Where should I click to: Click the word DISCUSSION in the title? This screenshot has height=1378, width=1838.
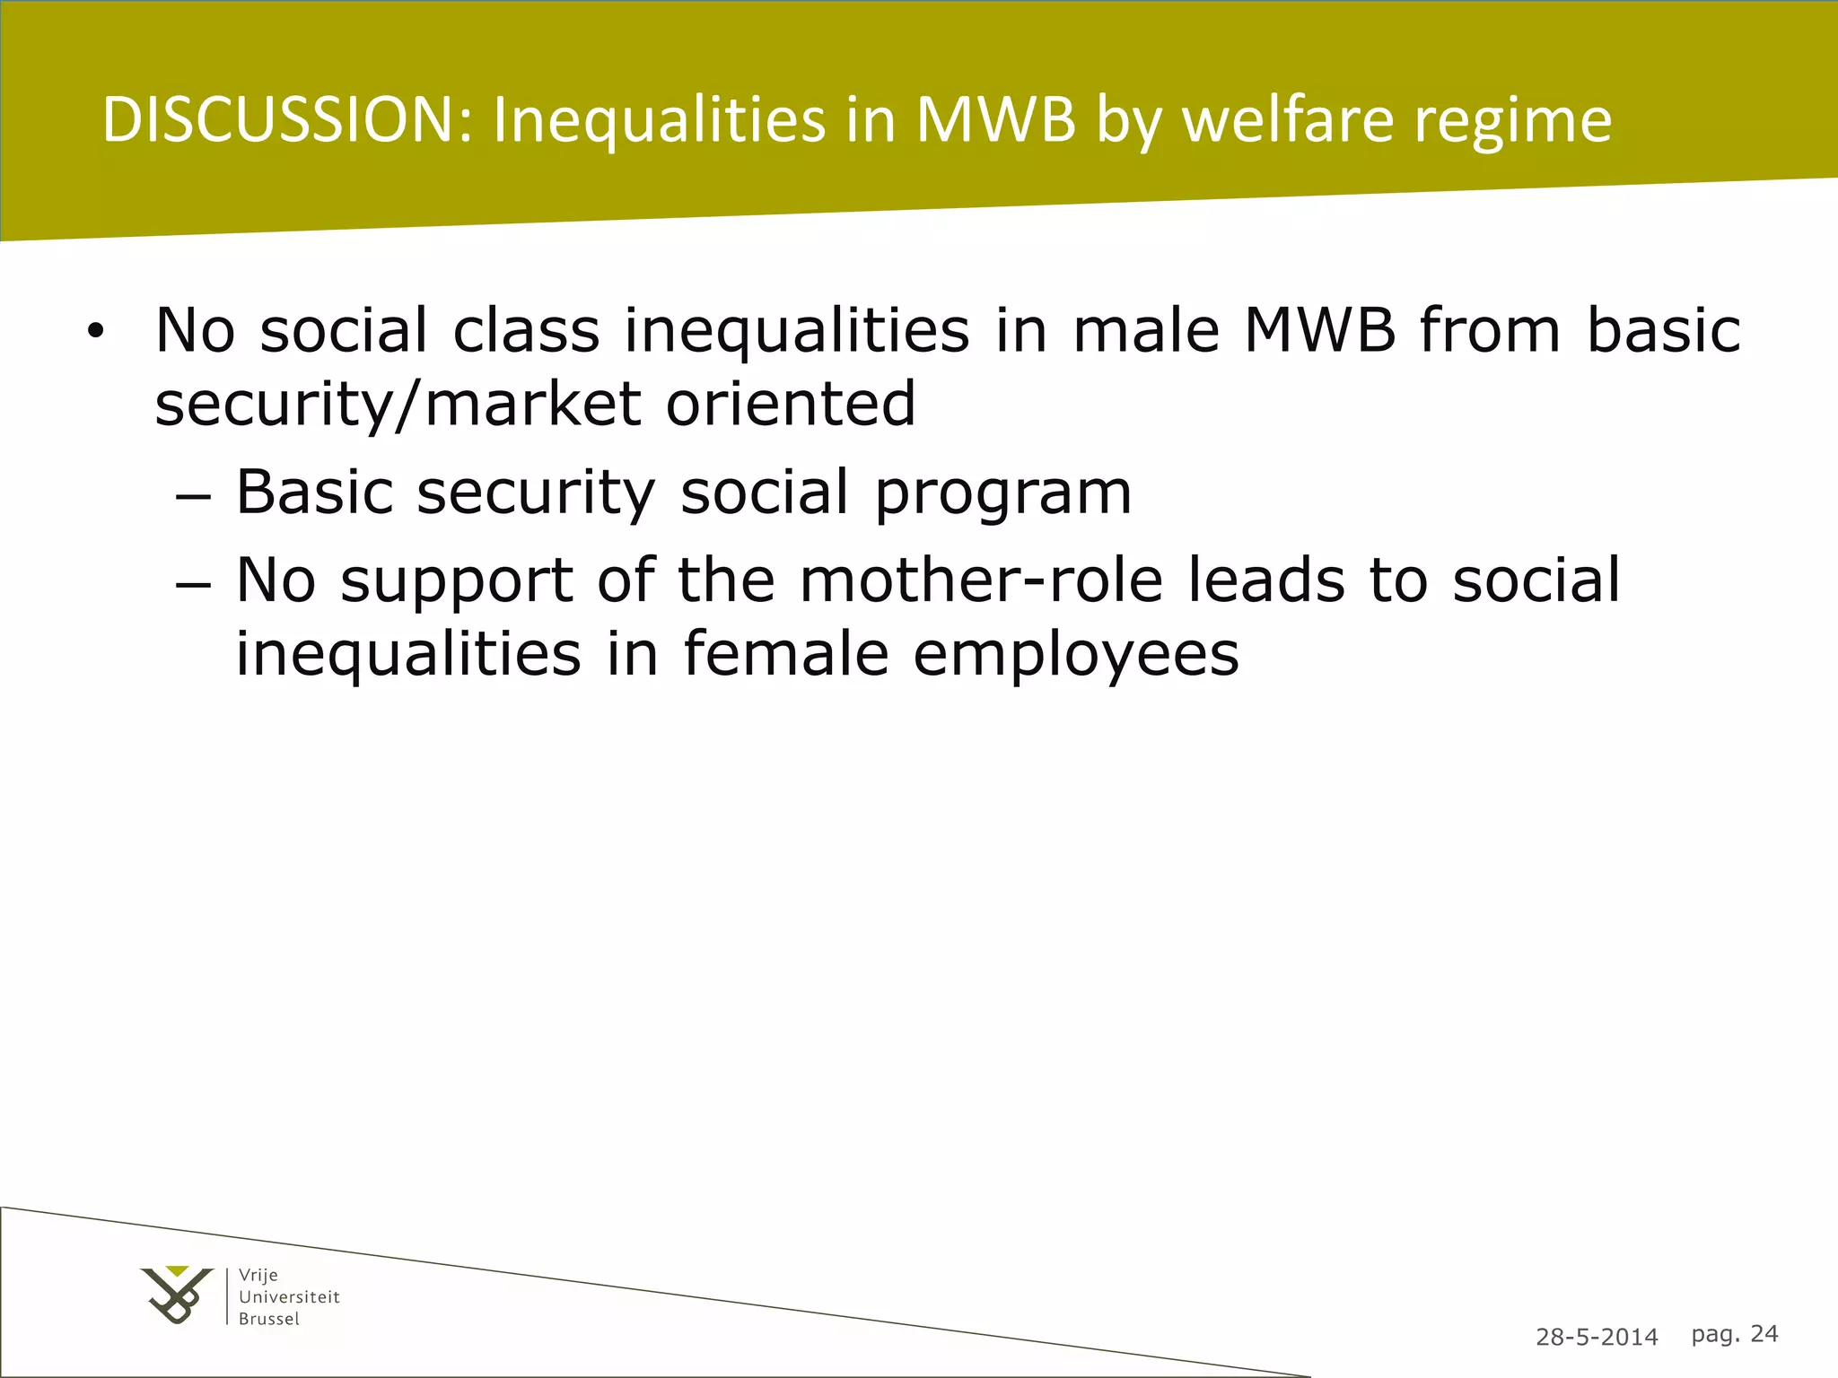(287, 119)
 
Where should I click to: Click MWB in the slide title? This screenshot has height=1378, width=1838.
(995, 119)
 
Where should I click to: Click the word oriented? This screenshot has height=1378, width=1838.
(791, 404)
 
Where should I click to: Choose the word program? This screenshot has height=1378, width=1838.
(1003, 493)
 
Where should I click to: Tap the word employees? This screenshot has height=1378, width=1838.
(1076, 655)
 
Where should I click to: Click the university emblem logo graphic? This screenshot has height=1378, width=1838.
(177, 1295)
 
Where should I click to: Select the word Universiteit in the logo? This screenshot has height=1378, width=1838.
(289, 1296)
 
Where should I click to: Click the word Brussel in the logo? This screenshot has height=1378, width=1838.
(269, 1319)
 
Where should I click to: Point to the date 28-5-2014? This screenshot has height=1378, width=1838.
(1597, 1338)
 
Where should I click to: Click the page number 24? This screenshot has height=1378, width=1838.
(1764, 1334)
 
